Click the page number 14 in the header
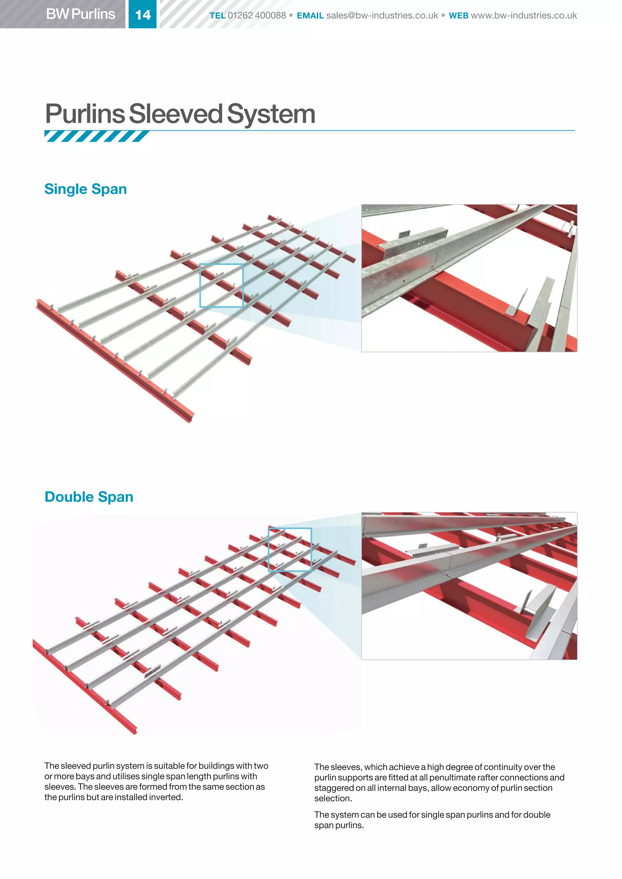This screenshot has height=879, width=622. [x=143, y=15]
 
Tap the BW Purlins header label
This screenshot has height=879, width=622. [x=80, y=14]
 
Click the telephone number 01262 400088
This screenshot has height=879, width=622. [x=257, y=15]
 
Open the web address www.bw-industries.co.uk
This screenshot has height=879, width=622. [x=524, y=15]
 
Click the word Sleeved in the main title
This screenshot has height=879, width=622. [x=176, y=114]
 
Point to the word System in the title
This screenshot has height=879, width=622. [x=271, y=114]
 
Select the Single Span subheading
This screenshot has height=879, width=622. [x=85, y=189]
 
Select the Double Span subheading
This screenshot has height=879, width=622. [x=89, y=497]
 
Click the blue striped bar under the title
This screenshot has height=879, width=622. [x=97, y=136]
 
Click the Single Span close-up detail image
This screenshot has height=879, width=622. [x=469, y=278]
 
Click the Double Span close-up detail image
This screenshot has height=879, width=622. [x=469, y=586]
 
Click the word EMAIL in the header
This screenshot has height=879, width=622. [x=310, y=15]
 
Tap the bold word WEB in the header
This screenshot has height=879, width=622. [x=459, y=15]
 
